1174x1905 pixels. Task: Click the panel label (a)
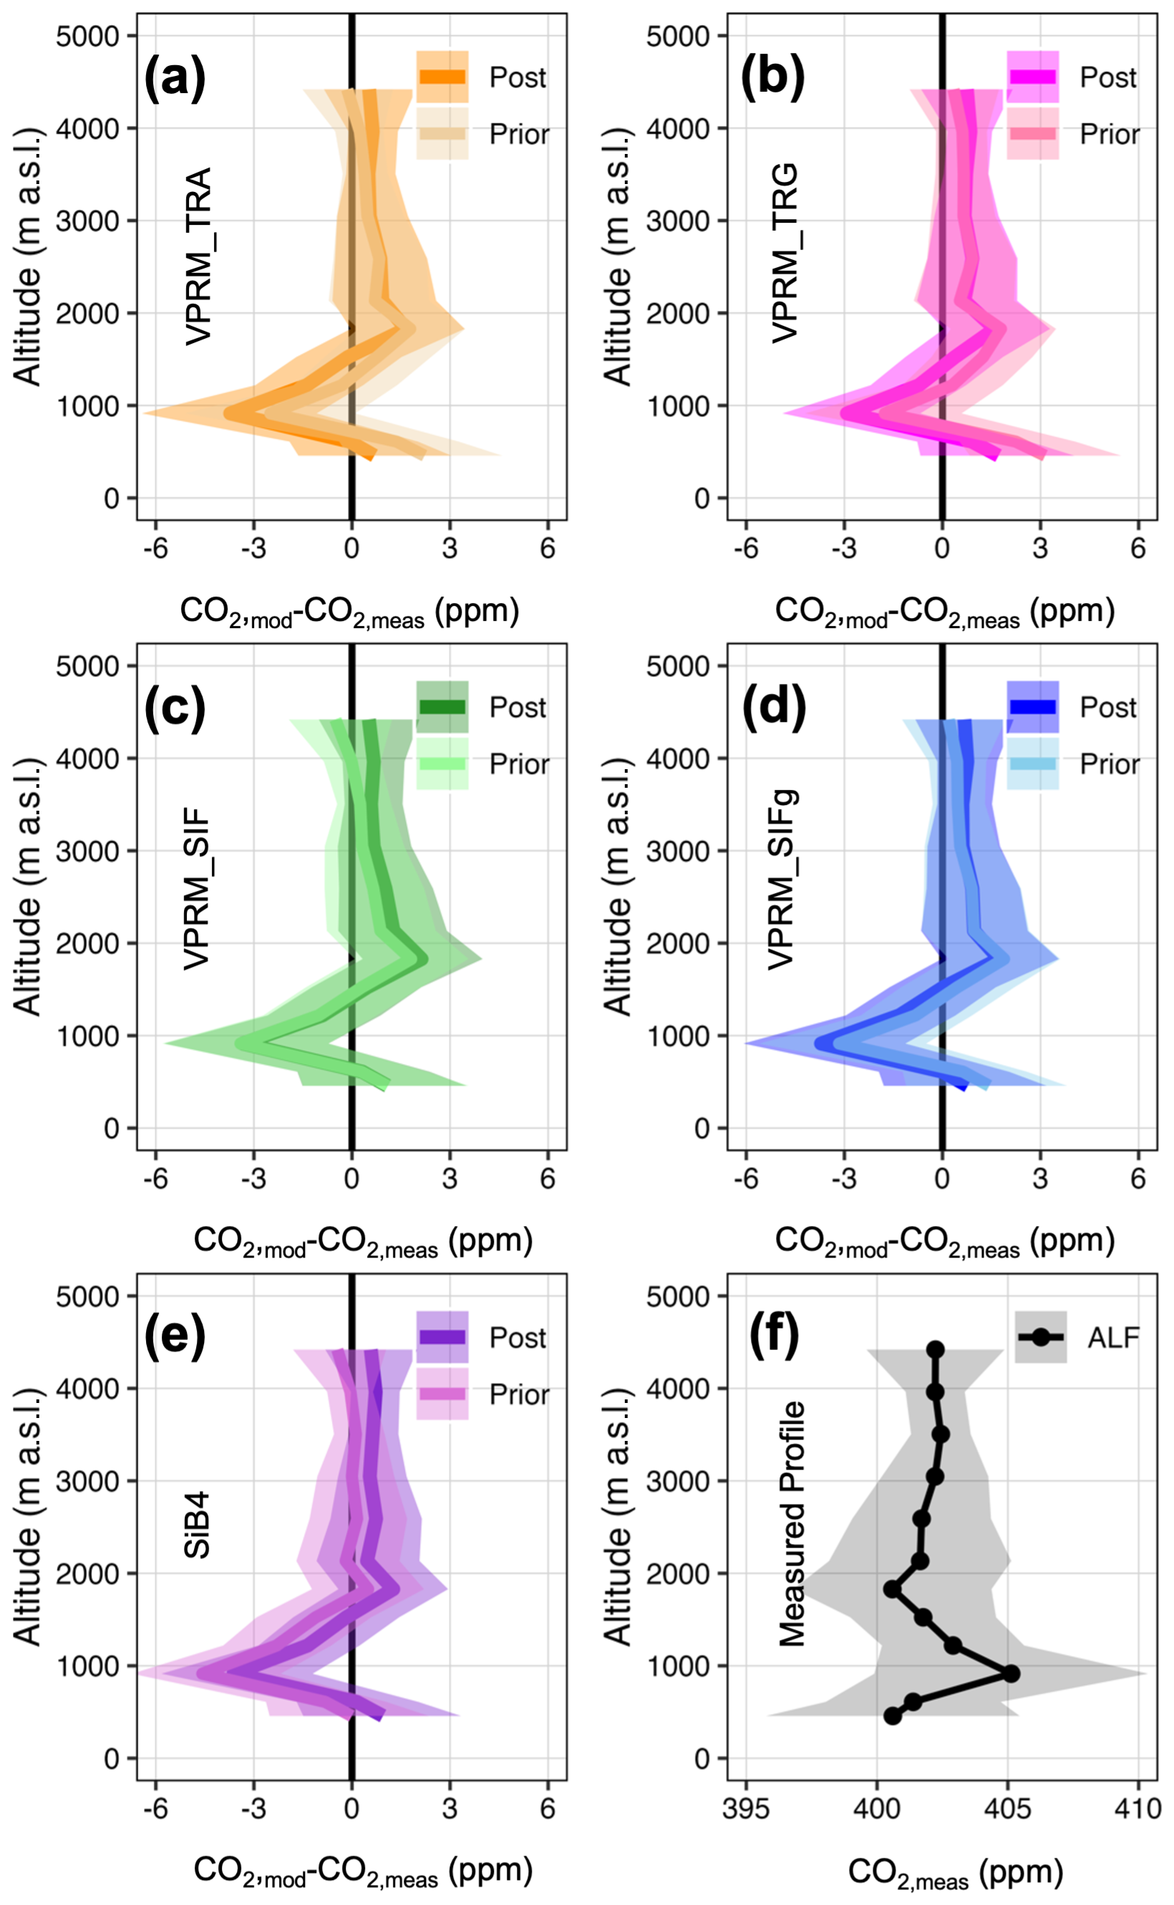tap(175, 79)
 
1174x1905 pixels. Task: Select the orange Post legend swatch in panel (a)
tap(442, 77)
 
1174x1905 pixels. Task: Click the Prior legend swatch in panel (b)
tap(1033, 134)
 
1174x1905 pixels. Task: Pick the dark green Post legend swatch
tap(442, 707)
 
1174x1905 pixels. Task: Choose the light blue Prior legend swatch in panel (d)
tap(1033, 763)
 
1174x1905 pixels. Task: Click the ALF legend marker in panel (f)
tap(1040, 1337)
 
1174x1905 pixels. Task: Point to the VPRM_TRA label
tap(199, 256)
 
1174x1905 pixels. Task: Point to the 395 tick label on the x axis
tap(746, 1810)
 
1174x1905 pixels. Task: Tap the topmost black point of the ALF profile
tap(936, 1350)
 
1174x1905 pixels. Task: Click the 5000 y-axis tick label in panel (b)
tap(678, 37)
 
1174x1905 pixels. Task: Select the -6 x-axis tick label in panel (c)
tap(155, 1179)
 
